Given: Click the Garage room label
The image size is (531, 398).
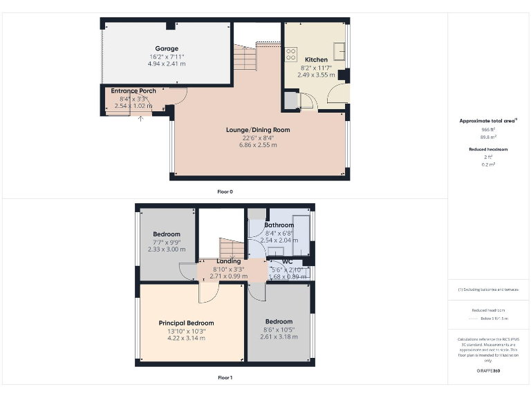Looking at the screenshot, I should coord(166,48).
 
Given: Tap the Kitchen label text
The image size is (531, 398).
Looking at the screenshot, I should coord(316,59).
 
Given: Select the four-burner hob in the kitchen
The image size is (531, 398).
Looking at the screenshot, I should coord(291,51).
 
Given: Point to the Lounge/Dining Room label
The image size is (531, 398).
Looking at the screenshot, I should coord(258,129).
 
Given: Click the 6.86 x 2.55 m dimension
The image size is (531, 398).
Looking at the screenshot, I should coord(258,145).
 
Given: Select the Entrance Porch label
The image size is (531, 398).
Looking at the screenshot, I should coord(133,91).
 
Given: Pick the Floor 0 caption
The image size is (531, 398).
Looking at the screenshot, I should coord(225,191).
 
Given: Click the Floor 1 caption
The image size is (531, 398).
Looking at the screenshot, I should coord(225,378).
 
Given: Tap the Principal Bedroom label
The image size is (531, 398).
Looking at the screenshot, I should coord(186,323).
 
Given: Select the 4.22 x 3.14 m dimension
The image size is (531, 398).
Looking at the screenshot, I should coord(186,339).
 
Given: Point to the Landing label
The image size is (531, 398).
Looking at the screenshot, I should coord(228,261).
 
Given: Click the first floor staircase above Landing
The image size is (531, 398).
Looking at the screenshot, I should coord(232,247).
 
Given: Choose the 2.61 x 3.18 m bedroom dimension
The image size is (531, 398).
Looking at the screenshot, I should coord(279,337).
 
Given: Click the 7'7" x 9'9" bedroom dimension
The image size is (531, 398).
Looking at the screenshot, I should coord(167,242).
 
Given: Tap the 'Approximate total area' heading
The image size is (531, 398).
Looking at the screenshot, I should coord(488,121).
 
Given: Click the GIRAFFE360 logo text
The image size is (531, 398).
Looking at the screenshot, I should coord(488,371).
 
